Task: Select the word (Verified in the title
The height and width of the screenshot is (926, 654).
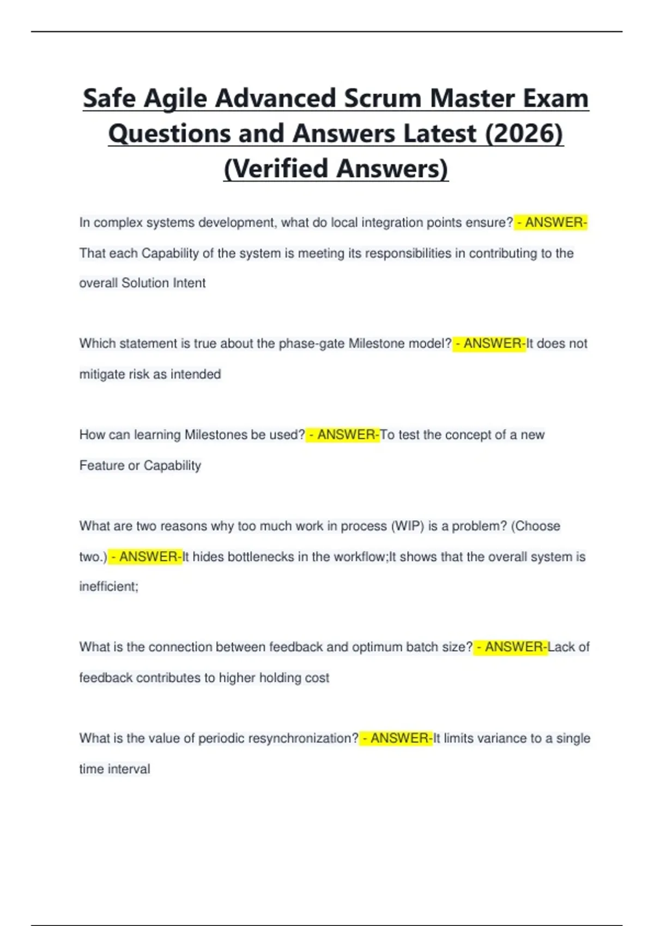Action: click(x=275, y=168)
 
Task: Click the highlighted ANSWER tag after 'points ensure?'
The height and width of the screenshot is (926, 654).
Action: click(x=551, y=222)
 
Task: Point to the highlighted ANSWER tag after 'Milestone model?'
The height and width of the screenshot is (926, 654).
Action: click(x=489, y=344)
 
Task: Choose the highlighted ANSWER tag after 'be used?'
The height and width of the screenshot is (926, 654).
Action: click(x=343, y=435)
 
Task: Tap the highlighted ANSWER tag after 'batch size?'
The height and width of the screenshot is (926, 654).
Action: click(x=511, y=647)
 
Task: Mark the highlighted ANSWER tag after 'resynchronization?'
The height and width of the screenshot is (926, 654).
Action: click(x=396, y=738)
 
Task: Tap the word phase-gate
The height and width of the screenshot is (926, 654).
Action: click(x=311, y=344)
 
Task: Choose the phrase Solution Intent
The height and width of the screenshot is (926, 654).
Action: click(x=163, y=283)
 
